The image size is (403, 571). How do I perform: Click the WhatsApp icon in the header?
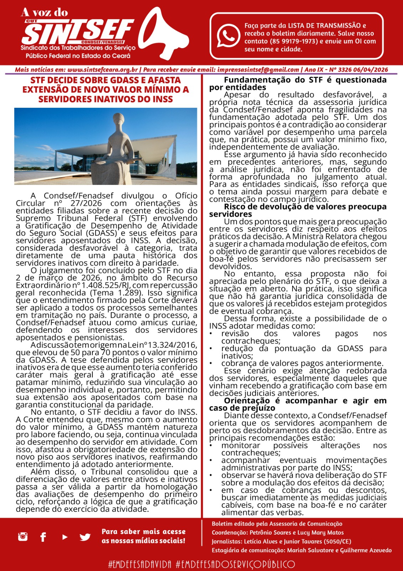(228, 36)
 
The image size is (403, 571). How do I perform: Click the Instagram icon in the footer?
(23, 536)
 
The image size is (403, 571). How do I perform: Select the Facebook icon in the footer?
(43, 536)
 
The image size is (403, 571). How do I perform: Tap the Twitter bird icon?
(85, 537)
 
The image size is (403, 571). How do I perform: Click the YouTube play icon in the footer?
(64, 536)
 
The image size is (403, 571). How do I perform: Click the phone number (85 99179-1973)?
(294, 41)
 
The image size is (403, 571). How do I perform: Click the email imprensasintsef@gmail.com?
(258, 70)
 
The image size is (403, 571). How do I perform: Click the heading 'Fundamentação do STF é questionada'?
(305, 80)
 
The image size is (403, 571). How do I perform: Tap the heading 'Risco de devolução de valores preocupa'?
(305, 207)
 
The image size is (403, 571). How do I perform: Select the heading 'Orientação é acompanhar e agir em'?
(305, 401)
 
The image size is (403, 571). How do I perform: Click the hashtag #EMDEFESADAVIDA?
(140, 564)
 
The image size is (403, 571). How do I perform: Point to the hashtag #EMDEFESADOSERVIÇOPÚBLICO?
(236, 564)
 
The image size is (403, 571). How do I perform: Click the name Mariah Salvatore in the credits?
(308, 550)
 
